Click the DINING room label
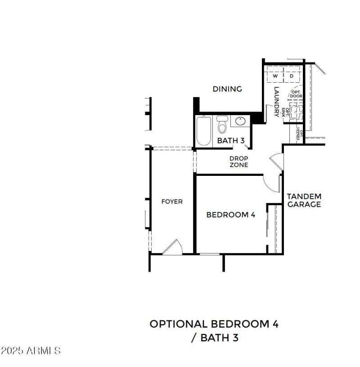click(x=227, y=89)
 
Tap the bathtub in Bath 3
click(x=204, y=131)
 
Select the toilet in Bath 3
click(x=222, y=125)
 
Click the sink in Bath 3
click(x=240, y=121)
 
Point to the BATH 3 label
click(x=230, y=141)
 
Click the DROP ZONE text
click(x=238, y=161)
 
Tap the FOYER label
click(x=172, y=201)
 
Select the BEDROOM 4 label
click(x=230, y=215)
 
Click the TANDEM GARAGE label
click(x=304, y=200)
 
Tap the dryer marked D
click(x=292, y=76)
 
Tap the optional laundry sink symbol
click(x=296, y=112)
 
